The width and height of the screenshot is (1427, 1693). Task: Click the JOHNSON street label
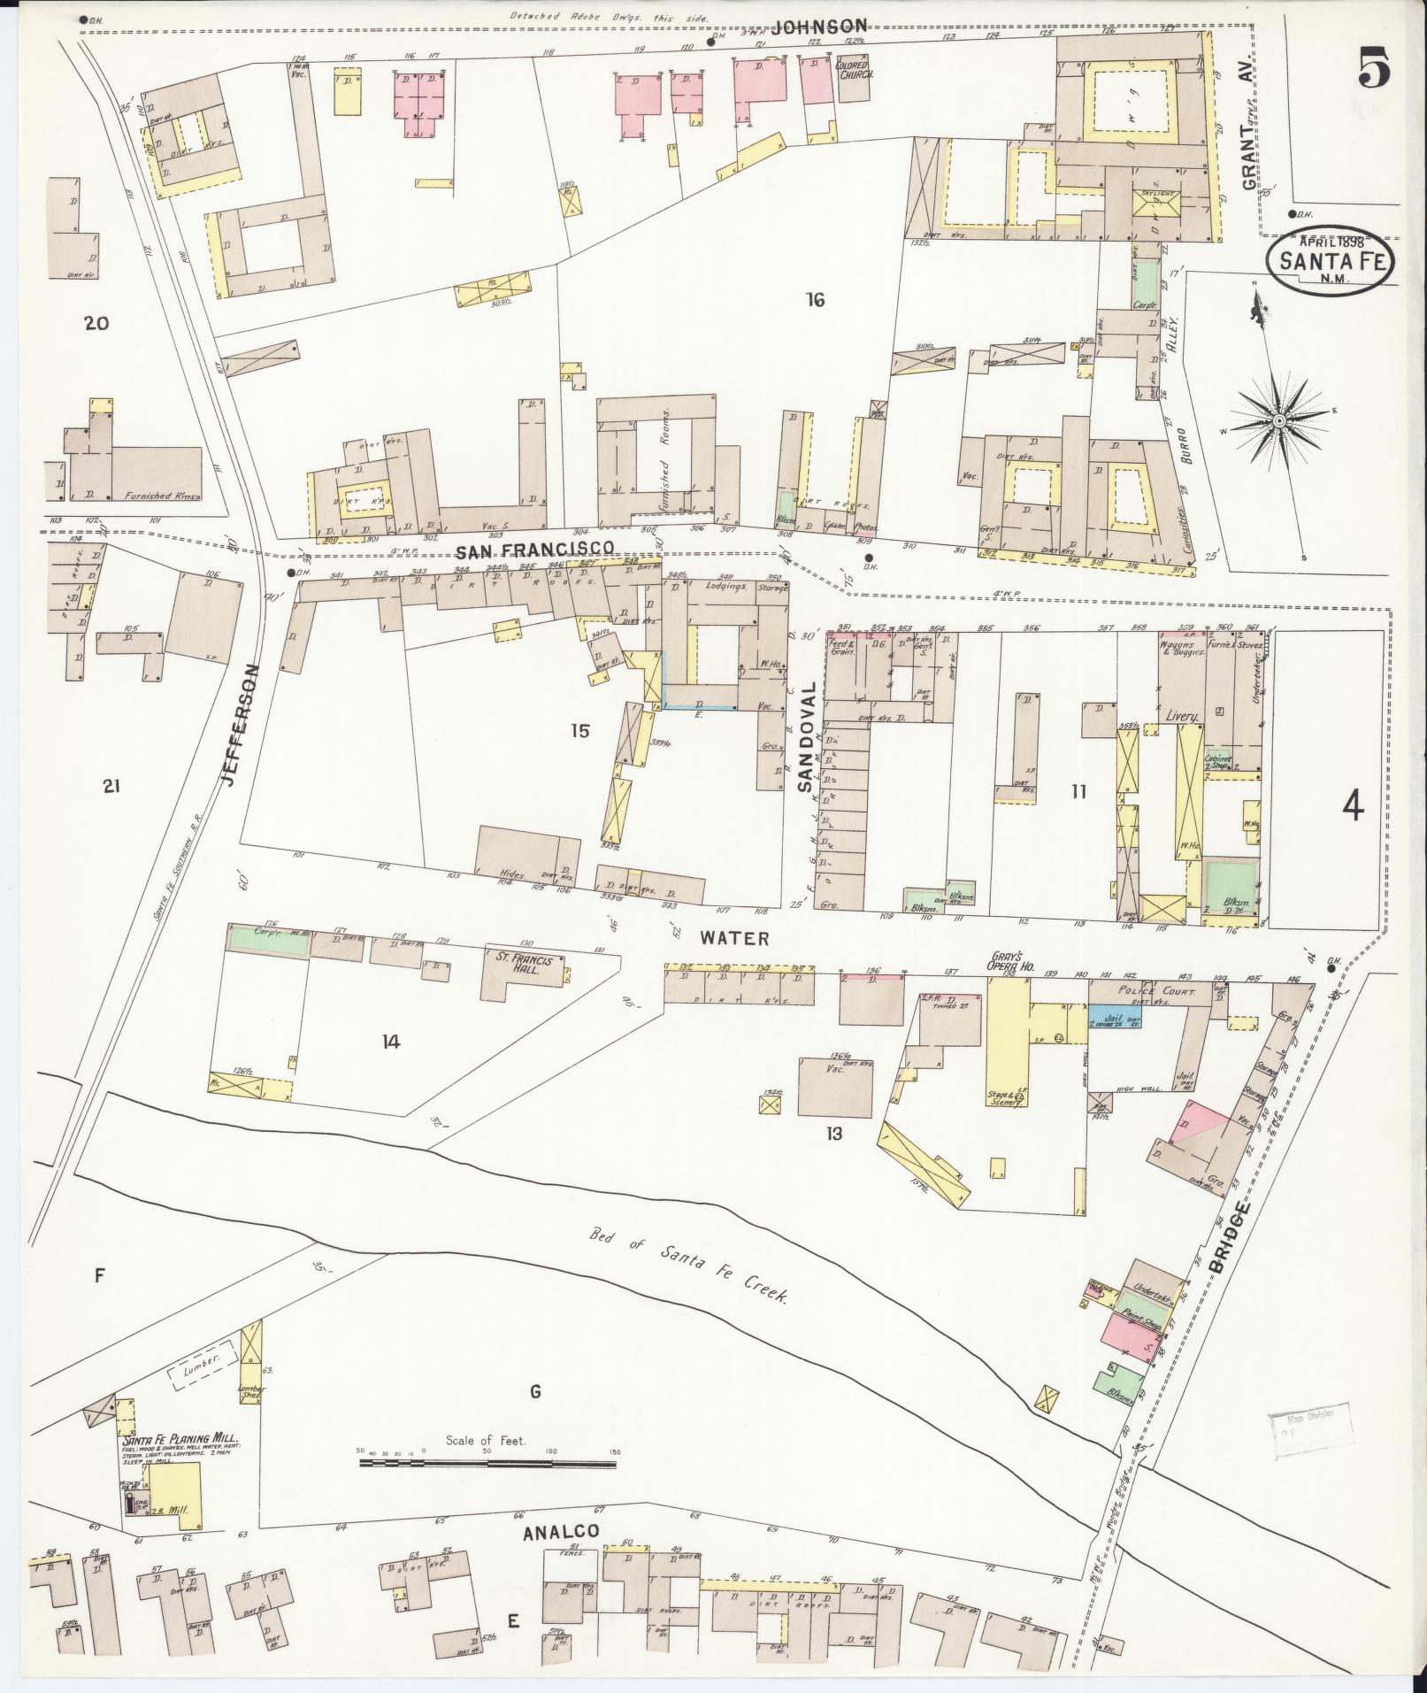818,27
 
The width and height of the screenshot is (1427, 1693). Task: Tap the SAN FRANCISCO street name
534,550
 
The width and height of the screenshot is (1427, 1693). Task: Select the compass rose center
1278,420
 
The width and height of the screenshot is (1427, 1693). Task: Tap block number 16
815,300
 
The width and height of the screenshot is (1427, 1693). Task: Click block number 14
391,1042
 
